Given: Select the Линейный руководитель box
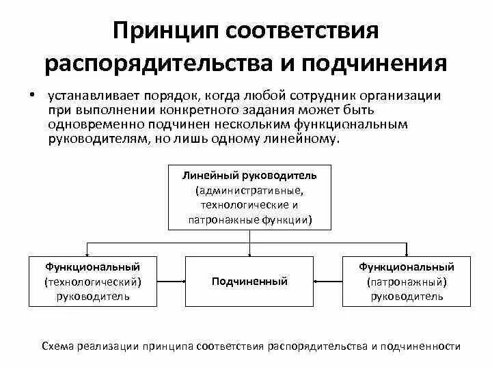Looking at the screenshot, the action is (x=249, y=197).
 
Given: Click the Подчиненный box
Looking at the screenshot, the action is (x=249, y=282).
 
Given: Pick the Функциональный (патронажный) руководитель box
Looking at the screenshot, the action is (x=407, y=282).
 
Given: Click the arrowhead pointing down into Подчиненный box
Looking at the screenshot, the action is (x=249, y=255).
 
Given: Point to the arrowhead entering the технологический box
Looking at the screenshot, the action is (x=86, y=255).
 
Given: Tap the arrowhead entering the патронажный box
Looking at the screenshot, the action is (x=408, y=255).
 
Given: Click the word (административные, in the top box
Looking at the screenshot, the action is (x=249, y=190).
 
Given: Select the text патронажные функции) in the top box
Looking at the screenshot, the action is (x=249, y=220).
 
